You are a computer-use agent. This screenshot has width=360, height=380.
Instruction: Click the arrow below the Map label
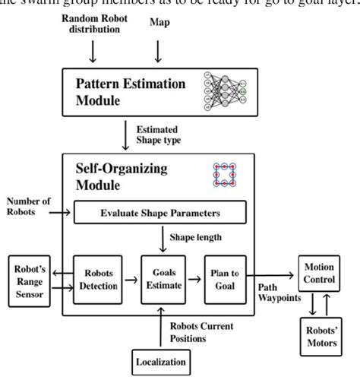coord(159,51)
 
